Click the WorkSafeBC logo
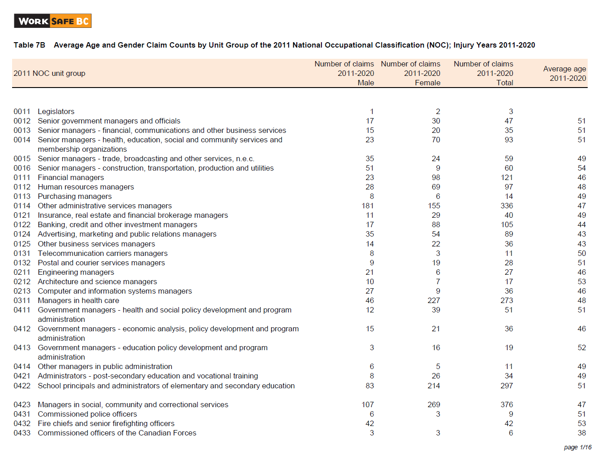click(53, 21)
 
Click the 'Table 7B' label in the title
click(29, 45)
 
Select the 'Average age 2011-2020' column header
click(564, 74)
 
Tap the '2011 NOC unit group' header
click(49, 73)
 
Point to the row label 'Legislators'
click(56, 111)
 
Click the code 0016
click(22, 168)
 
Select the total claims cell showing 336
click(507, 206)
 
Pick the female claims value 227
click(433, 300)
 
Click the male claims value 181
click(368, 206)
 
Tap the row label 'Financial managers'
click(71, 177)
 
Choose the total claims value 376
click(507, 404)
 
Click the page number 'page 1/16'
click(577, 447)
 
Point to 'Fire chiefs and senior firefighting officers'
click(106, 423)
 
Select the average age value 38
click(581, 433)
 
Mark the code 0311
click(22, 300)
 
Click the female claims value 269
click(433, 404)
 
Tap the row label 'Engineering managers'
click(76, 272)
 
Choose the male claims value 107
click(368, 404)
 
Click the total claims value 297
click(507, 386)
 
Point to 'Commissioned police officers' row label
click(87, 414)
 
